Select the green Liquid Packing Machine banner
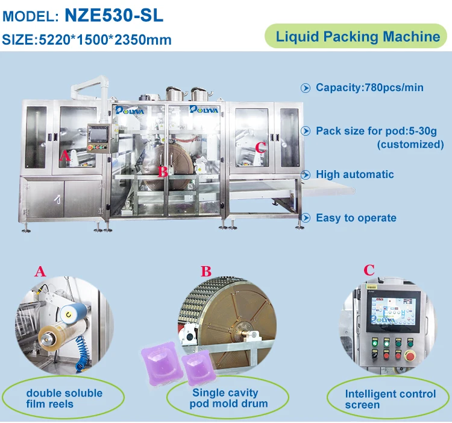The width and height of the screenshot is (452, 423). pyautogui.click(x=357, y=36)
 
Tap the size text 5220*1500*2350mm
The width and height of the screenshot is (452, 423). pyautogui.click(x=105, y=40)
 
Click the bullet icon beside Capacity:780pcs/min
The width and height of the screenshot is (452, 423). pyautogui.click(x=306, y=88)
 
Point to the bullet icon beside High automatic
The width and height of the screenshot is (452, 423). pyautogui.click(x=306, y=175)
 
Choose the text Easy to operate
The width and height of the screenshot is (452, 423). pyautogui.click(x=356, y=218)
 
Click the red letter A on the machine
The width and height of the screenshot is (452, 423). pyautogui.click(x=65, y=155)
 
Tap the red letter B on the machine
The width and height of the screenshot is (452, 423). pyautogui.click(x=162, y=171)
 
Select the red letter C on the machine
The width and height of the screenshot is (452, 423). pyautogui.click(x=260, y=148)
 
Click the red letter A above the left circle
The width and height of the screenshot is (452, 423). pyautogui.click(x=40, y=272)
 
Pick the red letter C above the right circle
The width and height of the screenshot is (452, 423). pyautogui.click(x=369, y=270)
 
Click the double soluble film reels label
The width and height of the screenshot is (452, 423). pyautogui.click(x=64, y=398)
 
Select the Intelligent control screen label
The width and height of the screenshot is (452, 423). pyautogui.click(x=390, y=399)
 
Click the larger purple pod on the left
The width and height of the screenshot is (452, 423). pyautogui.click(x=158, y=364)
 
